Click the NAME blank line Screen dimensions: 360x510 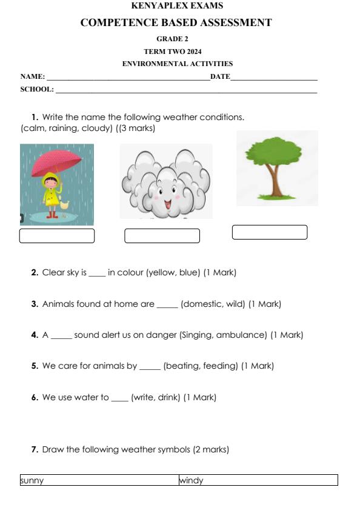[128, 78]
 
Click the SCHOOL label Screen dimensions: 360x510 [36, 90]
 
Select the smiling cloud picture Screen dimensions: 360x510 [165, 181]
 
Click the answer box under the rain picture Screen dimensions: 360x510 [57, 236]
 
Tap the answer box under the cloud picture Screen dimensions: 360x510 [162, 236]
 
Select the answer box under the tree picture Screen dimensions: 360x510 [270, 232]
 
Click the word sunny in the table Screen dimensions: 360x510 [32, 481]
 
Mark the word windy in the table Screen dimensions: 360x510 [192, 481]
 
